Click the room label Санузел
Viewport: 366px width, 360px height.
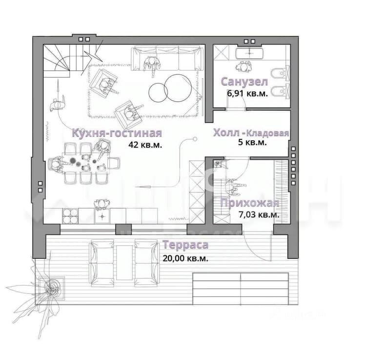click(x=244, y=82)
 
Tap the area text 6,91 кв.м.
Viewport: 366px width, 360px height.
click(x=247, y=93)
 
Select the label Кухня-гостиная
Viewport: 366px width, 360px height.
click(x=117, y=133)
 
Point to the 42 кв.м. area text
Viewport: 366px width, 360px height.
click(x=145, y=145)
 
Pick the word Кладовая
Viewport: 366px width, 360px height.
click(x=268, y=133)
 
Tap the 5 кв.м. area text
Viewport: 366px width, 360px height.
click(x=252, y=142)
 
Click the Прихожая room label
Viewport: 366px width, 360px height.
click(x=249, y=203)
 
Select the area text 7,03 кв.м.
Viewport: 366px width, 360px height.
click(x=259, y=214)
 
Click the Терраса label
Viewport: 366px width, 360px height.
click(x=185, y=245)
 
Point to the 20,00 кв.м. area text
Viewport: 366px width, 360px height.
click(x=185, y=258)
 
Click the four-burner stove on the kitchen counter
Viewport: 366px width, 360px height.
click(x=70, y=216)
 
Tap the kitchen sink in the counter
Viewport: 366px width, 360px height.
click(x=102, y=216)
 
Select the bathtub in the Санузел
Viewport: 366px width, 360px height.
click(x=249, y=54)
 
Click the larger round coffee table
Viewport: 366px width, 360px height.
click(x=178, y=88)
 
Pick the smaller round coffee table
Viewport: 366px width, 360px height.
click(x=158, y=92)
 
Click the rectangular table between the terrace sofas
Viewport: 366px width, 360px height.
click(x=124, y=263)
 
